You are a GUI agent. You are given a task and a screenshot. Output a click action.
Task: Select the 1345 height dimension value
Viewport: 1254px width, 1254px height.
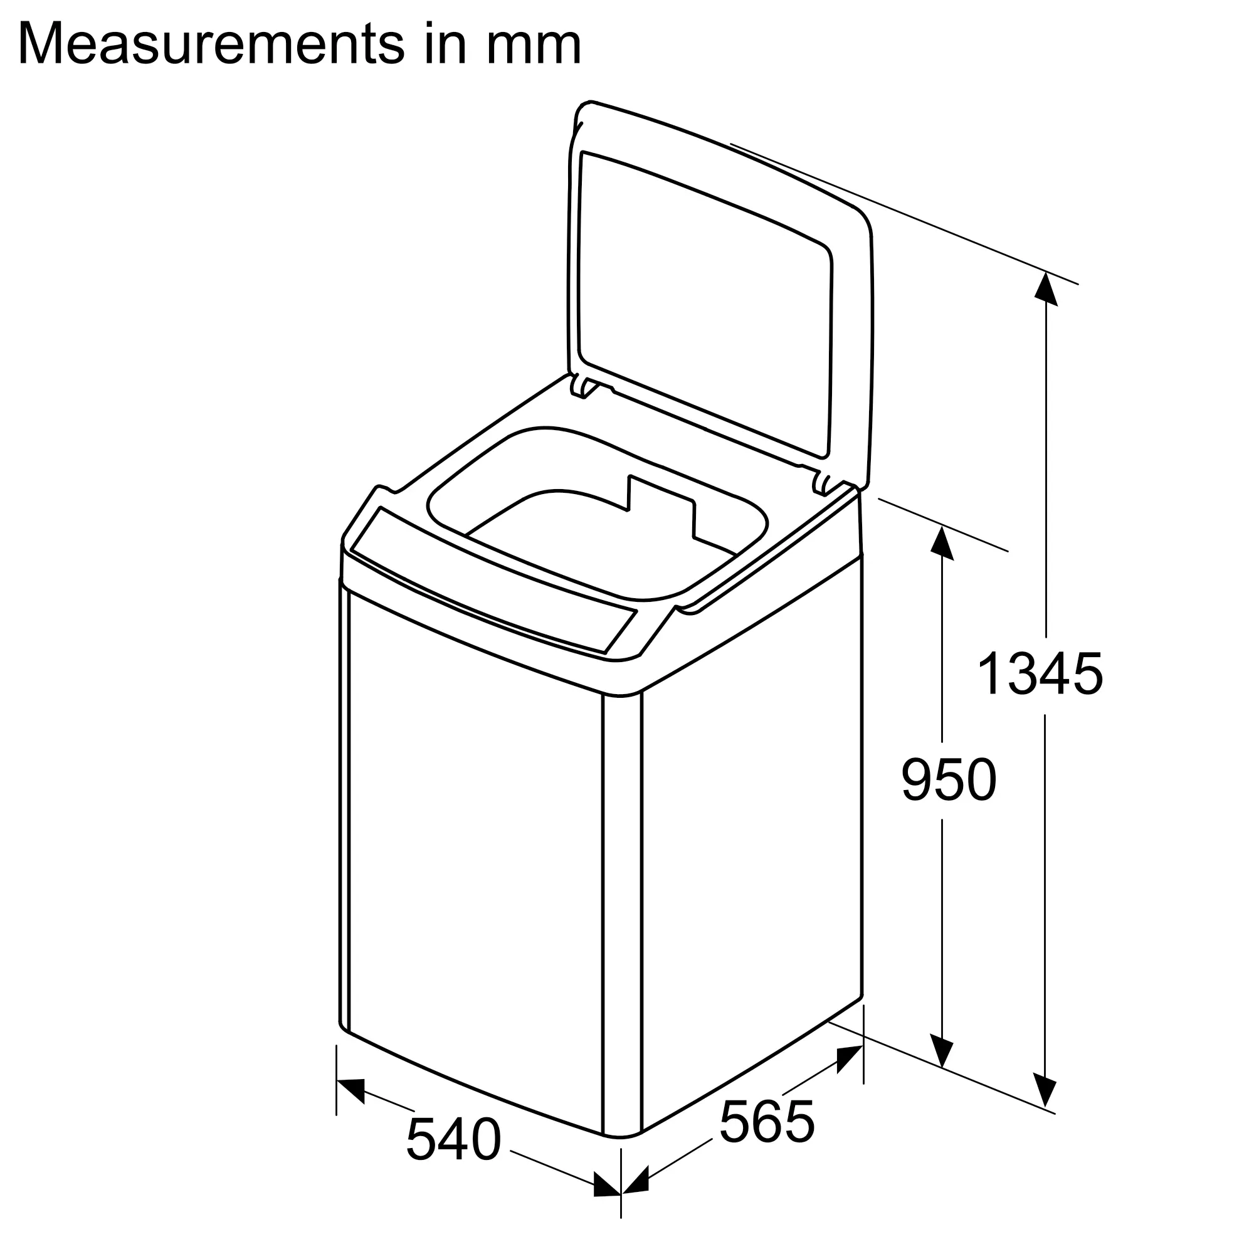pos(1039,675)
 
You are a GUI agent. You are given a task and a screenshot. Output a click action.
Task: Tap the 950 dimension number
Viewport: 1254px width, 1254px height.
pos(948,780)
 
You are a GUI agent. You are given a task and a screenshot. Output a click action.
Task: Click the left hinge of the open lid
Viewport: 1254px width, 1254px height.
pos(582,387)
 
